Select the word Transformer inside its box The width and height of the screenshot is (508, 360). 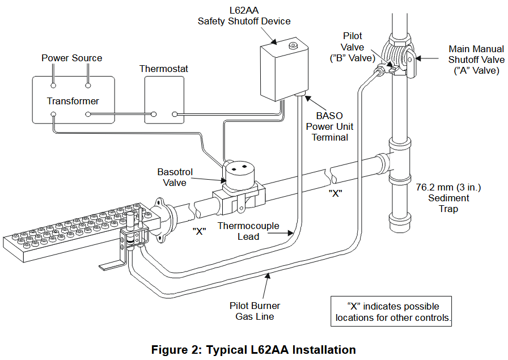point(73,101)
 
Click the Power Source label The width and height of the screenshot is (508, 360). point(72,58)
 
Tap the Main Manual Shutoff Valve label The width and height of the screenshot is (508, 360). point(476,60)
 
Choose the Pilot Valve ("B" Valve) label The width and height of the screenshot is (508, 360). point(352,47)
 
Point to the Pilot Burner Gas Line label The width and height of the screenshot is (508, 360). point(255,311)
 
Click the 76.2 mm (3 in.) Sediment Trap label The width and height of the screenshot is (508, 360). point(448,198)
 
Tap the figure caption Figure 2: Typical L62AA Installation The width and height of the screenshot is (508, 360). point(253,349)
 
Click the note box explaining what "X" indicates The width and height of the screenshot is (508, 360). point(391,311)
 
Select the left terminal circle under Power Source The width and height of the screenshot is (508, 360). point(53,86)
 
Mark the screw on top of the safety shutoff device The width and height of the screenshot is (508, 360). point(293,45)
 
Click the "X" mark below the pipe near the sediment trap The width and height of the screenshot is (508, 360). point(335,193)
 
